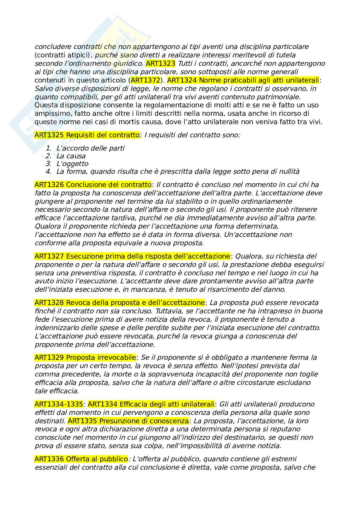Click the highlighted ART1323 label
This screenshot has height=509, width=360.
160,63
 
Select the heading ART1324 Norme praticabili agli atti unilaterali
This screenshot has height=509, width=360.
244,80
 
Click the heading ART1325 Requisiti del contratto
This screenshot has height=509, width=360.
87,135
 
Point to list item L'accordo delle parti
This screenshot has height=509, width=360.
90,148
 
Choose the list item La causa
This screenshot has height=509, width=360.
71,156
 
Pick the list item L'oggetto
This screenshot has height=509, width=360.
72,164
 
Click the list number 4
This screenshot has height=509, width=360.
49,171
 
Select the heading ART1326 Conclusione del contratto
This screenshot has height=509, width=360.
93,185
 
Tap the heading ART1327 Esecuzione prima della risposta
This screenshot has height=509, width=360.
133,256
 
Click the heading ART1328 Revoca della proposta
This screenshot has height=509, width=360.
120,303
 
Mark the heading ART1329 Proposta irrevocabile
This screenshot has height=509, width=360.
85,357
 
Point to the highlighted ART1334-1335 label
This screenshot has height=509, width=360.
59,404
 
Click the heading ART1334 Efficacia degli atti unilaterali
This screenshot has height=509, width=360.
151,404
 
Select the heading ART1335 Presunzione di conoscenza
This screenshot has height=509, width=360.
128,421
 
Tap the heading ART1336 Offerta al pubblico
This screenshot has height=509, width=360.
81,459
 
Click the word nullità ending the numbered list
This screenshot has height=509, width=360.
288,171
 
